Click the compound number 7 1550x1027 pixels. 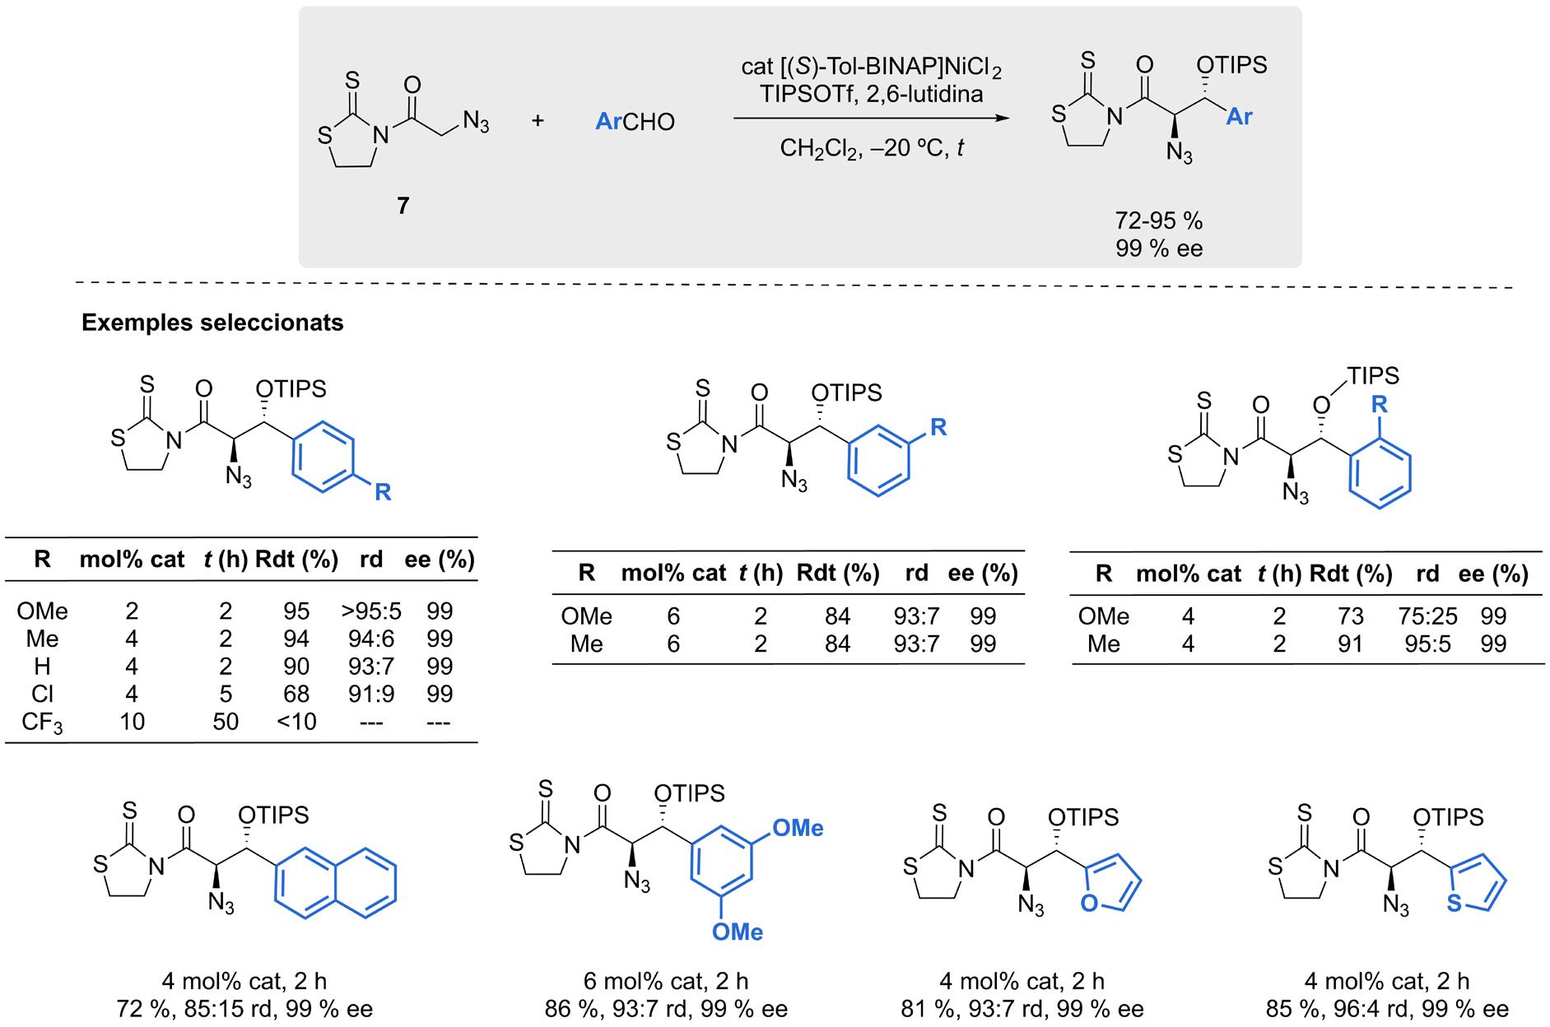[x=403, y=205]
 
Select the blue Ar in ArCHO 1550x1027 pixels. [x=608, y=122]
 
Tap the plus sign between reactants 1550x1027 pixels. [x=538, y=121]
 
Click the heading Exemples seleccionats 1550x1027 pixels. [x=212, y=323]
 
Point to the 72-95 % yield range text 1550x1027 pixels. [x=1158, y=221]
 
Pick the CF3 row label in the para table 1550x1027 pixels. [x=42, y=722]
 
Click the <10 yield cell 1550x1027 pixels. [x=296, y=722]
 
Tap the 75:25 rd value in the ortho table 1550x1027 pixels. [x=1427, y=616]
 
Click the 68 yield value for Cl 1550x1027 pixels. [x=296, y=694]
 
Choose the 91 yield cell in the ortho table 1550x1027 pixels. [x=1351, y=644]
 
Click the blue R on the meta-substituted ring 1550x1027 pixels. [x=938, y=427]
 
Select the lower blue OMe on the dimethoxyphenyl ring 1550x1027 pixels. [x=737, y=932]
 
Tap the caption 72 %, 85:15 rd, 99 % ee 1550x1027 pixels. [x=244, y=1009]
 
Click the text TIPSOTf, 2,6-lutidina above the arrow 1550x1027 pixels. [x=872, y=94]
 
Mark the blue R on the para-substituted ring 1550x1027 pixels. [x=383, y=492]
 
